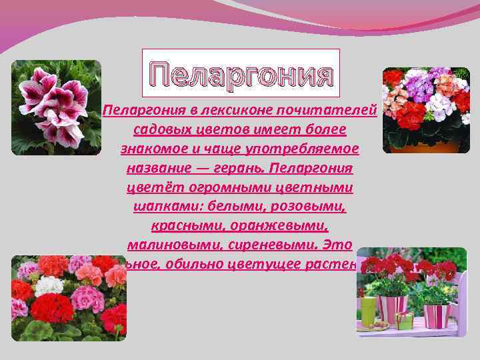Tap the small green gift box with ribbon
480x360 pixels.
click(x=403, y=321)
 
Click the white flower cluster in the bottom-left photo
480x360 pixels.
click(x=49, y=286)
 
